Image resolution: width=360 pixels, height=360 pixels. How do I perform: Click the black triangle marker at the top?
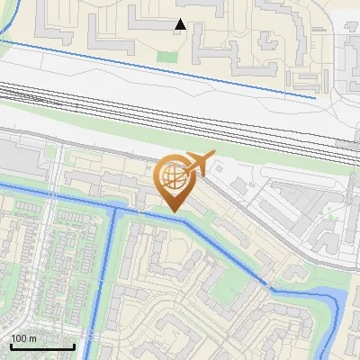tap(181, 24)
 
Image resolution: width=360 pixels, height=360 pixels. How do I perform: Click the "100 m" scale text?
tap(24, 337)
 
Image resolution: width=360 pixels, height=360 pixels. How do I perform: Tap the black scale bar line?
tap(42, 346)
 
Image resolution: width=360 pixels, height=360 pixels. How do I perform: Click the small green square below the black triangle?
tap(163, 56)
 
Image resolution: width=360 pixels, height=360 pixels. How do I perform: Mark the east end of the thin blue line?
tap(315, 96)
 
